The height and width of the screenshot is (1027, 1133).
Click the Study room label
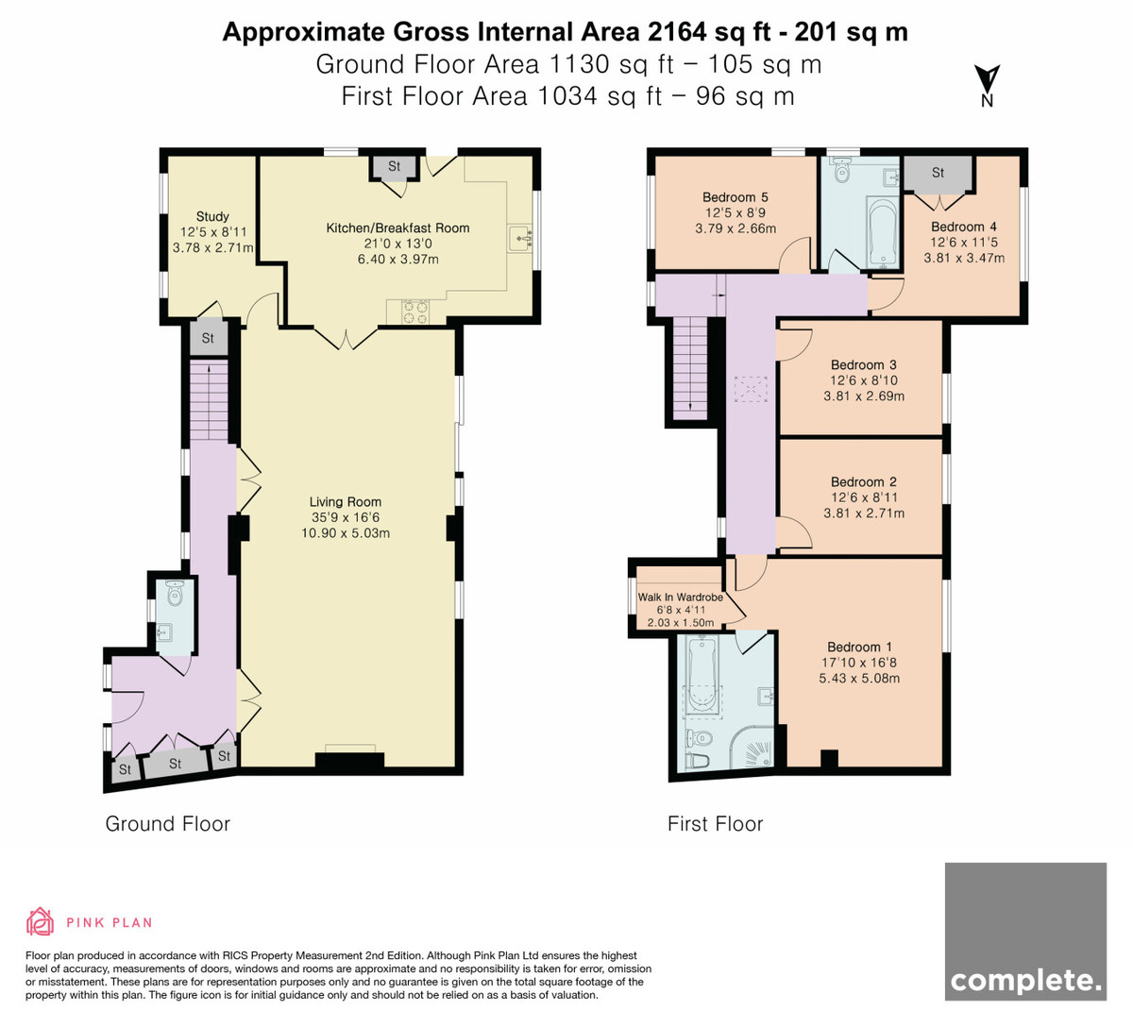tap(212, 216)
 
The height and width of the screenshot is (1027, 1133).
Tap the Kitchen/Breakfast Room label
tap(397, 228)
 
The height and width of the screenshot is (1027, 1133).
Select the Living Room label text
tap(346, 501)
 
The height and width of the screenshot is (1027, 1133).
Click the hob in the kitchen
tap(415, 311)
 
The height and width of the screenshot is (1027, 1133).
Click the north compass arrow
tap(987, 79)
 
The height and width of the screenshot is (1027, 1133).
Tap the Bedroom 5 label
tap(735, 197)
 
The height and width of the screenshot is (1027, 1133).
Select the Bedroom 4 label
tap(964, 227)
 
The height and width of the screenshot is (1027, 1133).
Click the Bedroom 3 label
tap(864, 365)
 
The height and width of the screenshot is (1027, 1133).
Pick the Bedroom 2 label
tap(864, 481)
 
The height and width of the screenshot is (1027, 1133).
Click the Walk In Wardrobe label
tap(680, 598)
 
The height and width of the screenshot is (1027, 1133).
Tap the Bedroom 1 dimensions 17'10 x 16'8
tap(858, 663)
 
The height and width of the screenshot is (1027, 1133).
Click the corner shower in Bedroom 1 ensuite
tap(751, 747)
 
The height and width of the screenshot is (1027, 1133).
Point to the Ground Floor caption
tap(168, 824)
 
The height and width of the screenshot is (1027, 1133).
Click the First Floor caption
tap(715, 824)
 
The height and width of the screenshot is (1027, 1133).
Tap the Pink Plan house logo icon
tap(40, 922)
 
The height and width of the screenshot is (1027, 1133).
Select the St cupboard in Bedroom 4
tap(938, 174)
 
